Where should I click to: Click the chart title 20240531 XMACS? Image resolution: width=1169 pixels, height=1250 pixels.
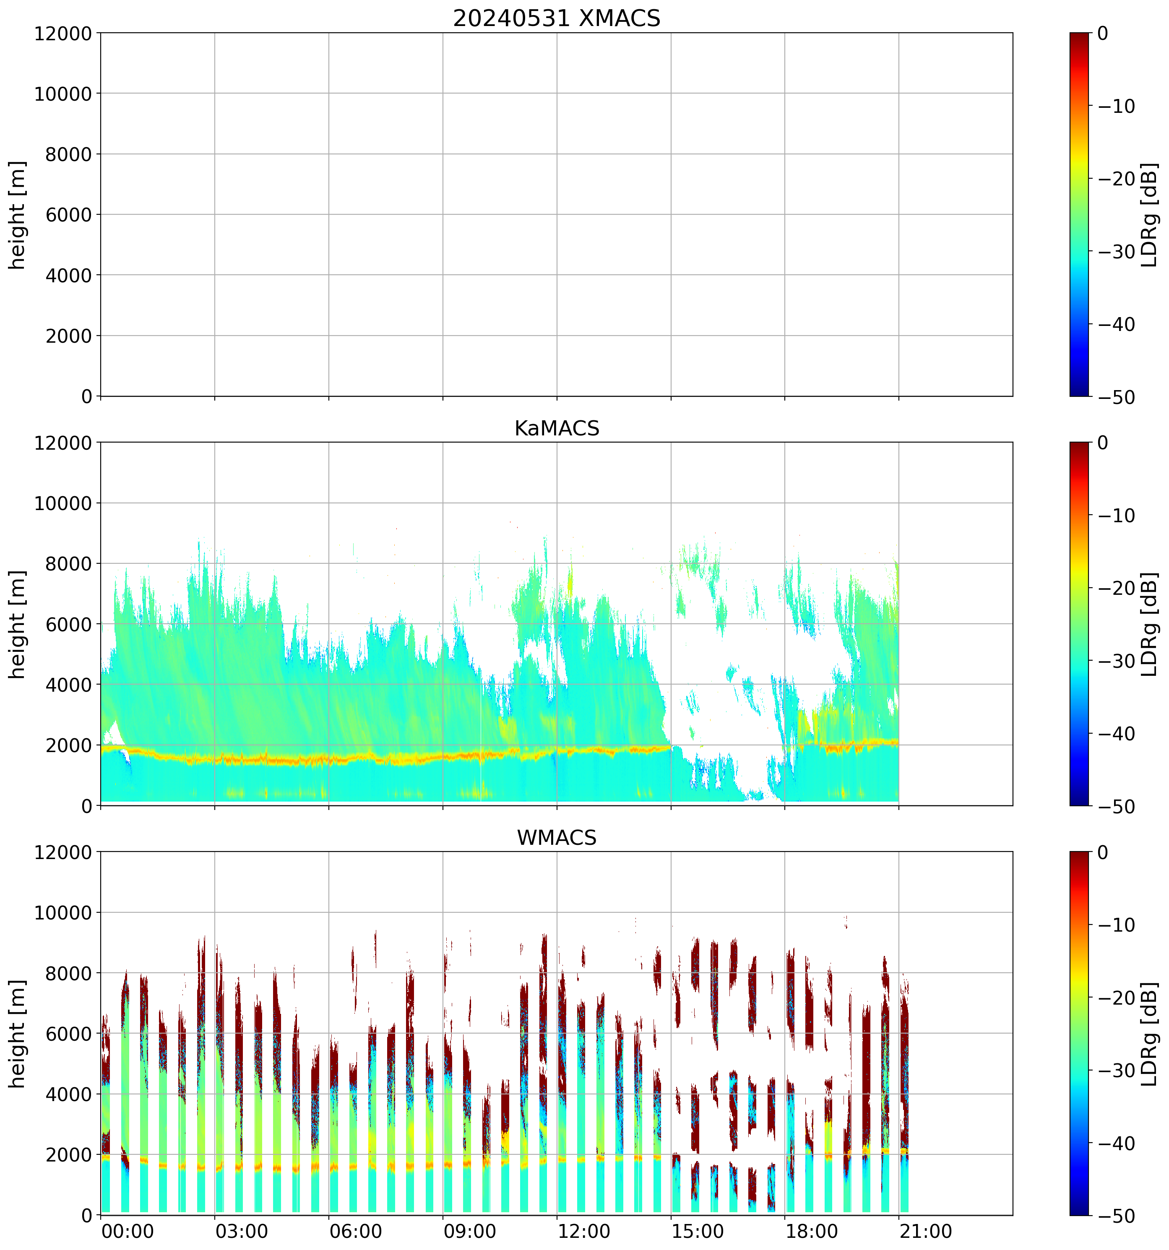click(557, 18)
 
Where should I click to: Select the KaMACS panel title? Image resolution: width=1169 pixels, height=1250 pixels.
click(557, 428)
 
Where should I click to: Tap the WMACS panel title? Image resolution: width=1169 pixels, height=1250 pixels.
click(557, 838)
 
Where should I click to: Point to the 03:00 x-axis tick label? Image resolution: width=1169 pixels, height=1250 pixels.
click(242, 1231)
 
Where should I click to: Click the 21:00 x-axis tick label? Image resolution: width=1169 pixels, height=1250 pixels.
click(926, 1231)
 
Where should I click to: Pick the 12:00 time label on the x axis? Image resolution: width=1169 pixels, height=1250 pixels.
click(583, 1231)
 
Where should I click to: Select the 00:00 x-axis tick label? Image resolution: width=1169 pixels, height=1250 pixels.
click(128, 1231)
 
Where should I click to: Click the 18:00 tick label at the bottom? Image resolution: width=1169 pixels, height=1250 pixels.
click(811, 1231)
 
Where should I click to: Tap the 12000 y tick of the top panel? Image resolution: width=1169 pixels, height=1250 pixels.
click(63, 33)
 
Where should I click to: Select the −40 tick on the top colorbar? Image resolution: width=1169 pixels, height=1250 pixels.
click(1116, 324)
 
